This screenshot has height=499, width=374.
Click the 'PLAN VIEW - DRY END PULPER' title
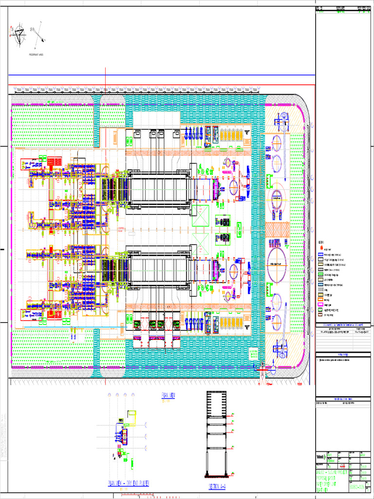(129, 483)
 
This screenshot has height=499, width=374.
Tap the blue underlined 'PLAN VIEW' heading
(168, 395)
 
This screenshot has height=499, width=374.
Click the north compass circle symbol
(19, 33)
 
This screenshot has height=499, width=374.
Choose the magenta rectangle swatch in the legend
(321, 300)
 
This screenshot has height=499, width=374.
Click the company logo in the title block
(321, 457)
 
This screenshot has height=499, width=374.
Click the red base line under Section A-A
(218, 477)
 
